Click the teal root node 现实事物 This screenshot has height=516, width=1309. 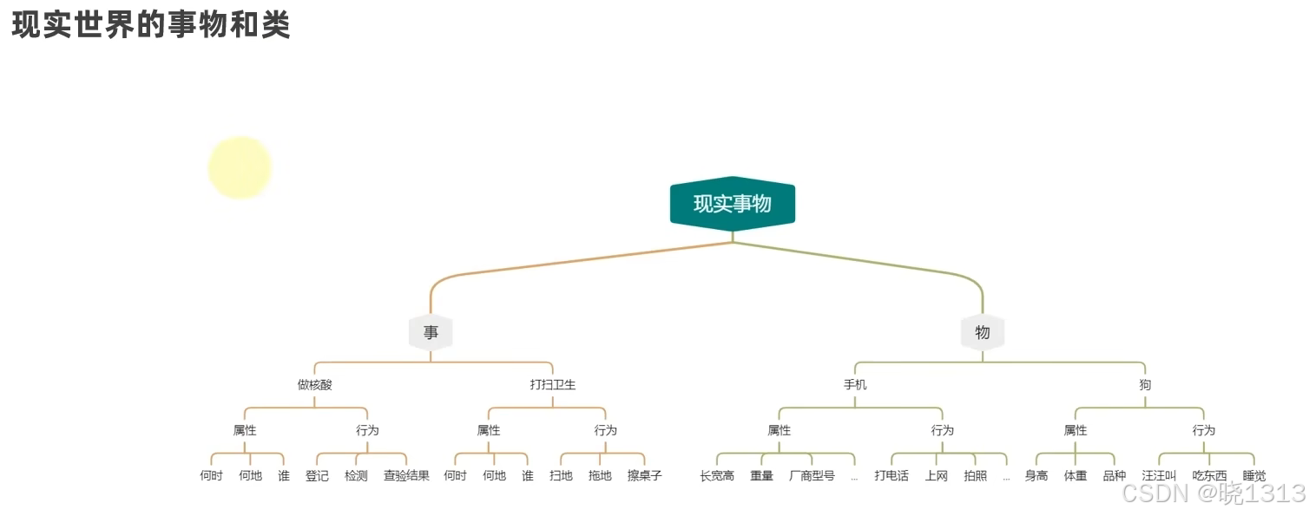click(x=732, y=204)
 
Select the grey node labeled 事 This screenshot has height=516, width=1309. click(x=431, y=332)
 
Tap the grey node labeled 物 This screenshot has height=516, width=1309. click(x=982, y=332)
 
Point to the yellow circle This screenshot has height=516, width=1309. click(x=240, y=167)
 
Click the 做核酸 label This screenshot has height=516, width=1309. click(x=314, y=384)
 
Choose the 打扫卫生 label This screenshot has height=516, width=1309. click(x=553, y=384)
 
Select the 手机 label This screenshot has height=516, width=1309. click(x=855, y=384)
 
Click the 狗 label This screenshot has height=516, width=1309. click(x=1145, y=384)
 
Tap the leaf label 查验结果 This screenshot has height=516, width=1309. click(x=406, y=475)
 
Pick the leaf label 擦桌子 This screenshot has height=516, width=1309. click(x=644, y=475)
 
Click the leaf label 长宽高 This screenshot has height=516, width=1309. click(x=717, y=475)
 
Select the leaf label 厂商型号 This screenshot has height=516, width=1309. click(x=812, y=475)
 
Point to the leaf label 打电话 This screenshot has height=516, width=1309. click(x=891, y=475)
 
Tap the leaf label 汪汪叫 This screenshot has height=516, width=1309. click(x=1159, y=475)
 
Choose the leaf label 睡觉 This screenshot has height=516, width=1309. click(x=1254, y=475)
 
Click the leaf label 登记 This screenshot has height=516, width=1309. click(x=317, y=475)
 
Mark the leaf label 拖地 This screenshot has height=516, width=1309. click(x=600, y=475)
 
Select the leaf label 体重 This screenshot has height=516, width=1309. click(x=1075, y=475)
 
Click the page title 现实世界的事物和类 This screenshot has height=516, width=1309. click(x=151, y=25)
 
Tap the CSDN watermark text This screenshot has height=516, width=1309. click(x=1213, y=493)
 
